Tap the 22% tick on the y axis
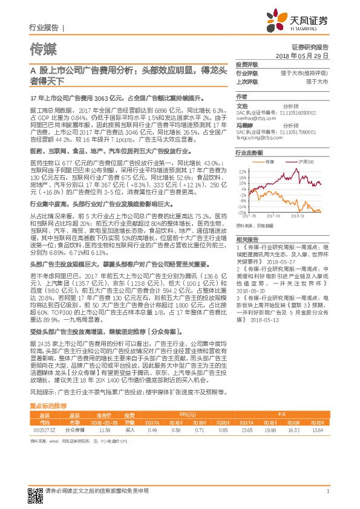pos(242,172)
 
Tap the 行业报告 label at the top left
pos(44,28)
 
